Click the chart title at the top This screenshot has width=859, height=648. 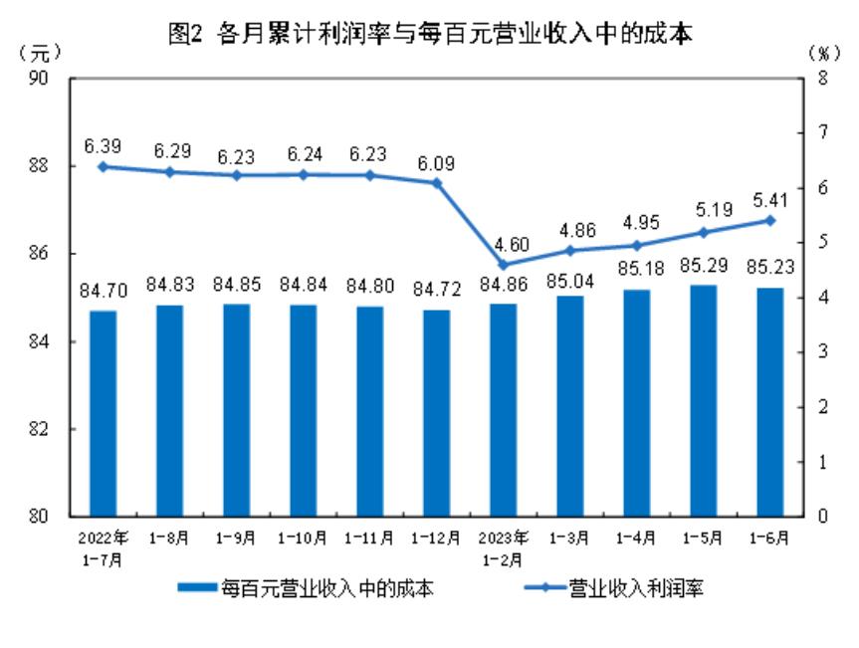pyautogui.click(x=430, y=34)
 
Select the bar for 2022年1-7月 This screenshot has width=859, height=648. pyautogui.click(x=103, y=413)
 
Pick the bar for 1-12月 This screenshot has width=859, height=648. pyautogui.click(x=436, y=413)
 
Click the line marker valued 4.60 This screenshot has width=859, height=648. pyautogui.click(x=503, y=265)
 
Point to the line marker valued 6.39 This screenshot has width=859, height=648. pyautogui.click(x=103, y=166)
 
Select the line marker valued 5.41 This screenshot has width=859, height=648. pyautogui.click(x=769, y=220)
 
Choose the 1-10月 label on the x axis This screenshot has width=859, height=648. pyautogui.click(x=303, y=539)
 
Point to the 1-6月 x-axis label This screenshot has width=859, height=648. pyautogui.click(x=769, y=539)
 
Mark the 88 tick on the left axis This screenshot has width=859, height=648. pyautogui.click(x=49, y=166)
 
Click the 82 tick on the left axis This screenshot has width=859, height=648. pyautogui.click(x=49, y=429)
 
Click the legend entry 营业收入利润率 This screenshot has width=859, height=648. pyautogui.click(x=616, y=588)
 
